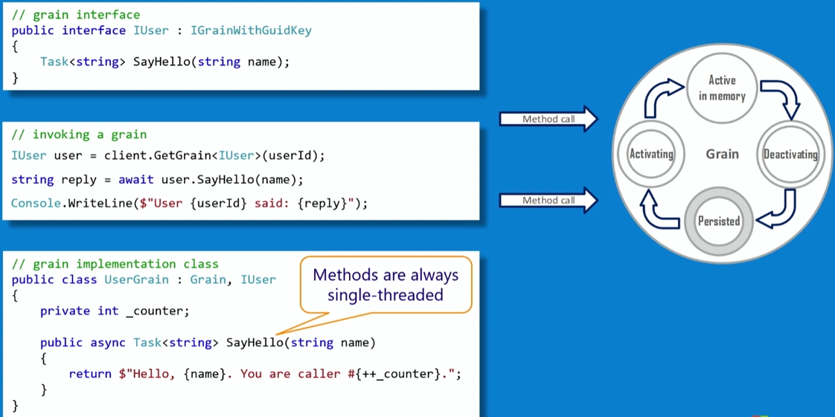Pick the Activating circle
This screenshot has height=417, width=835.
click(651, 155)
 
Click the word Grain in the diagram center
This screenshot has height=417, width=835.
click(722, 155)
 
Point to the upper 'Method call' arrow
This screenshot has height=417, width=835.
click(548, 119)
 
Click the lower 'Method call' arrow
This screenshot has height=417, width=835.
click(548, 201)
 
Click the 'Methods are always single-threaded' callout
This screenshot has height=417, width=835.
click(385, 285)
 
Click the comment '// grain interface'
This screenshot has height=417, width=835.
click(76, 15)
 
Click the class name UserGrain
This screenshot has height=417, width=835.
click(136, 279)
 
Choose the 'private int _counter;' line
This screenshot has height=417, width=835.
click(115, 311)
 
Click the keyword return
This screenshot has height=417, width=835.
click(90, 374)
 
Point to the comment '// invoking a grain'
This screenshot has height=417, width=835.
click(79, 135)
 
